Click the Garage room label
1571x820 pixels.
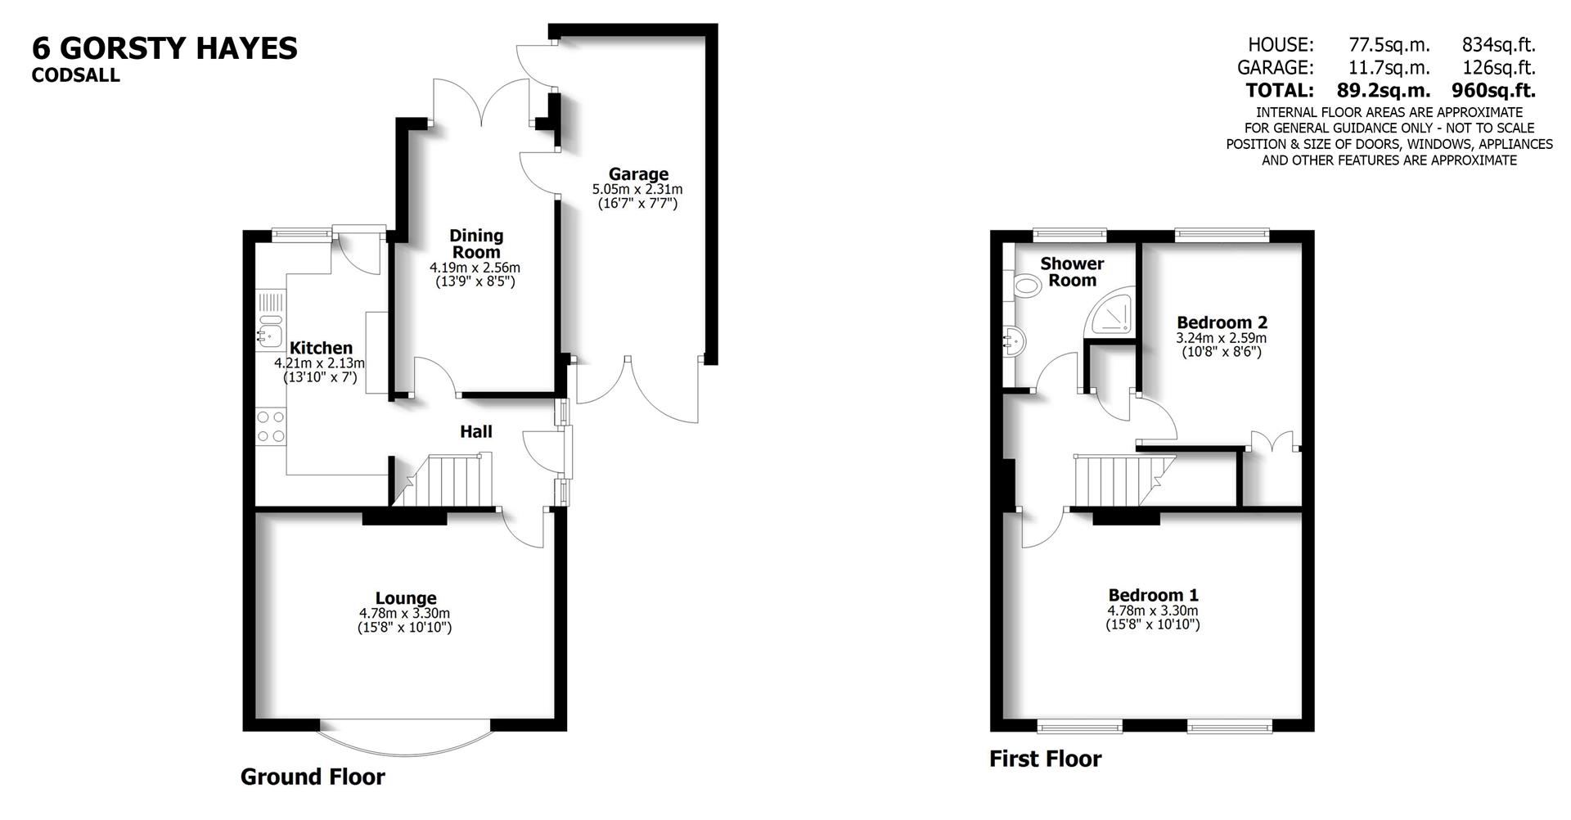tap(638, 174)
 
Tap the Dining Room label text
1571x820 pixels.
tap(475, 244)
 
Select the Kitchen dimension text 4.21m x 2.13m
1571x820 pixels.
tap(320, 363)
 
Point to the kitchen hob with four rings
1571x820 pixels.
tap(271, 426)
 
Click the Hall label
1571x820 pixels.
tap(475, 431)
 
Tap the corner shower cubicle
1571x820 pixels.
tap(1112, 313)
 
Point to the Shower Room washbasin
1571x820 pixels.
tap(1012, 339)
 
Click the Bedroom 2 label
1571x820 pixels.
tap(1221, 322)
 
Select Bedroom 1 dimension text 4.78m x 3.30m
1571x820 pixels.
tap(1152, 610)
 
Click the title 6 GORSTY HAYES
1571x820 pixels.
tap(164, 48)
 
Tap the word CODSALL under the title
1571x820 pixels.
tap(75, 75)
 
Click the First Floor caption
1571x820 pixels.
tap(1045, 759)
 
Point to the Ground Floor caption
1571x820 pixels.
tap(313, 777)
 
